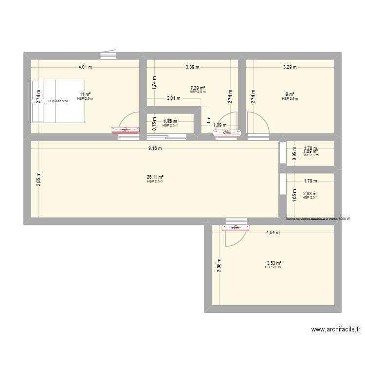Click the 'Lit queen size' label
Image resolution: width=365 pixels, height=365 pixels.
[58, 101]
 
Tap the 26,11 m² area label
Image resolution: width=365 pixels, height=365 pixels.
[156, 178]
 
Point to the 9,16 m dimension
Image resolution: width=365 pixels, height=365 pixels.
[155, 149]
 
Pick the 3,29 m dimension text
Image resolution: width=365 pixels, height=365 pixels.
[290, 68]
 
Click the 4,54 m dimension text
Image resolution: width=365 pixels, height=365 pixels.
[273, 233]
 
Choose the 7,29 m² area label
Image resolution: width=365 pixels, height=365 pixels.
[198, 88]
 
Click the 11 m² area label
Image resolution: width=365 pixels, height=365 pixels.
[85, 95]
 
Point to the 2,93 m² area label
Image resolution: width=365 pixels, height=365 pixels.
[310, 193]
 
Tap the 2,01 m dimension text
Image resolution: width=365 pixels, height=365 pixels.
[174, 98]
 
